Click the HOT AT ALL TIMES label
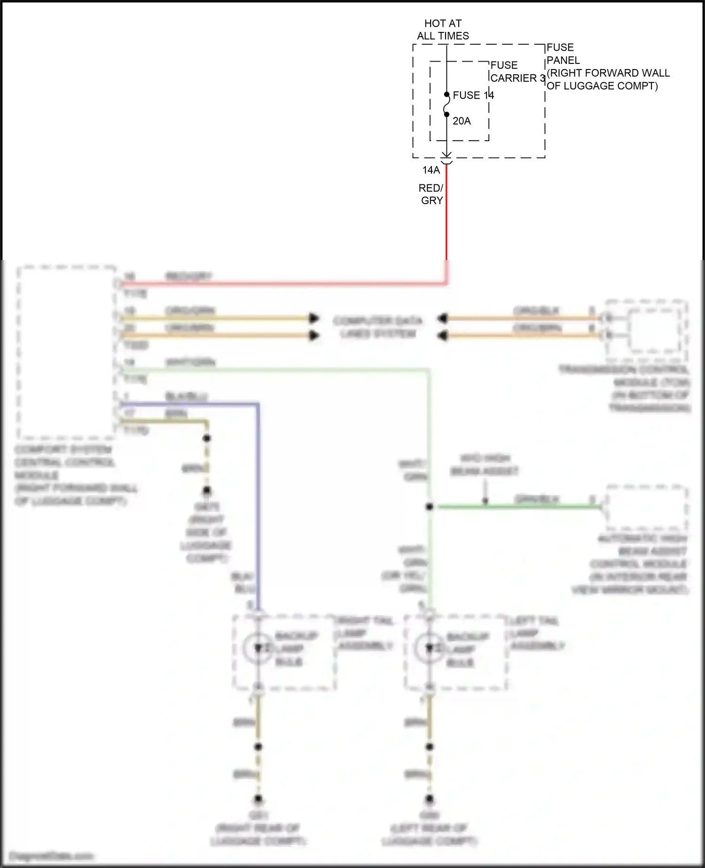click(x=443, y=30)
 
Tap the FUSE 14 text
click(x=473, y=95)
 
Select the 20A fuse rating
click(x=462, y=121)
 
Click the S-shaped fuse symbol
click(x=446, y=104)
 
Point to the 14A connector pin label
click(x=431, y=170)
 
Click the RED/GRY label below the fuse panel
click(x=431, y=194)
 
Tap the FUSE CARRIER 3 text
click(x=517, y=71)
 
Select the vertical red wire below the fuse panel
click(x=446, y=216)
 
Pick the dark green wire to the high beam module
click(x=517, y=507)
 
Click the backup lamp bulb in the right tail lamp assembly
click(x=258, y=648)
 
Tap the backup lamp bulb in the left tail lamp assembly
click(x=429, y=648)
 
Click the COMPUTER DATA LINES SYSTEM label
click(x=378, y=327)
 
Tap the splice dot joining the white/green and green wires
click(x=429, y=507)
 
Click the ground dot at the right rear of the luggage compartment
click(x=258, y=799)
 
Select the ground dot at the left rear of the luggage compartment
click(x=429, y=799)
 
